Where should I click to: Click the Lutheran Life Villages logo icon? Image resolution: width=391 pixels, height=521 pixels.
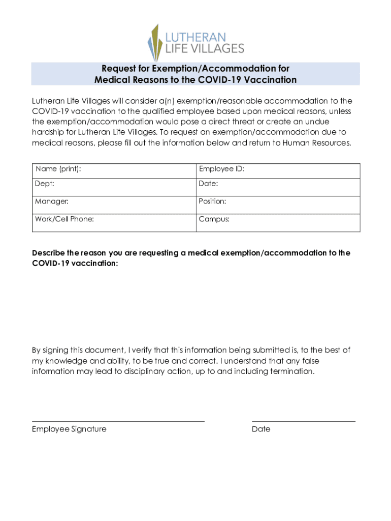click(154, 43)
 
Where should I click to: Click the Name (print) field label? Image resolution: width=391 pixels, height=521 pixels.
click(58, 168)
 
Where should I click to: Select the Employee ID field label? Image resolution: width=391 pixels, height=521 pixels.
click(222, 168)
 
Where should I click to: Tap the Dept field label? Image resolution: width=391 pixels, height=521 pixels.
click(45, 183)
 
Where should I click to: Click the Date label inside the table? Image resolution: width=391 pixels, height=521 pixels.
click(209, 183)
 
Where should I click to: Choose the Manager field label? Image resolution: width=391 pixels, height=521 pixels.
click(52, 201)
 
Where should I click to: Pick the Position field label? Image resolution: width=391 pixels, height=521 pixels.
click(213, 201)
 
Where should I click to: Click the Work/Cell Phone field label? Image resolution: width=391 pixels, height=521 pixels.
click(64, 219)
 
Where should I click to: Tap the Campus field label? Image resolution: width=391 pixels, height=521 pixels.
click(214, 219)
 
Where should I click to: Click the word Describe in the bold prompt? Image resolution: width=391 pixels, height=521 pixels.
click(48, 253)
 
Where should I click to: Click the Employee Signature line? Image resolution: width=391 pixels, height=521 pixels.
click(118, 421)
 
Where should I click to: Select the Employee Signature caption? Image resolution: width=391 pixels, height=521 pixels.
click(69, 429)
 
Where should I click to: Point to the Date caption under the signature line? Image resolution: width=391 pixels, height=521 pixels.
click(261, 429)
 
